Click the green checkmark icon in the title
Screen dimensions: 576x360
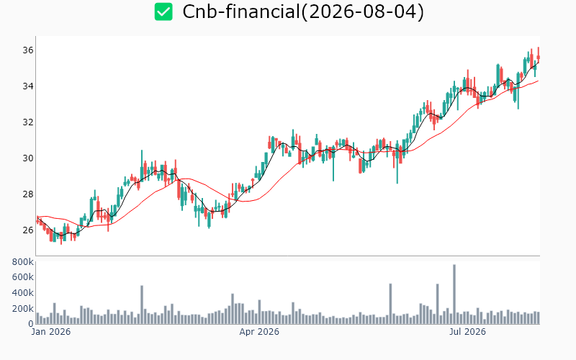[163, 12]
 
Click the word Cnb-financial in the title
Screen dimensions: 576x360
[241, 12]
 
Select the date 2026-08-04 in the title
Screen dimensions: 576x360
[362, 12]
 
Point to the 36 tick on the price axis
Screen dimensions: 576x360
[28, 50]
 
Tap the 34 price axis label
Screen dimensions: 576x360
[28, 86]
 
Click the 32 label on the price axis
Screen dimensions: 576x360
[28, 122]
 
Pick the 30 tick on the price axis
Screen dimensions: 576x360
[28, 158]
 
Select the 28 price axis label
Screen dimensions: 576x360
[28, 194]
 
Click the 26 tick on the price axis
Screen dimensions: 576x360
[28, 230]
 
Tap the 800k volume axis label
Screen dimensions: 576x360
[23, 262]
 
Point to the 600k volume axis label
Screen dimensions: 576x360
[23, 277]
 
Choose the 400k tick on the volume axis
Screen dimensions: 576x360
[23, 293]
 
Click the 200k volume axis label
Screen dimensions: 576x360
[23, 309]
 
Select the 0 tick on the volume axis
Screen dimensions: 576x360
[31, 324]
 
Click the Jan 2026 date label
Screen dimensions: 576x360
[50, 332]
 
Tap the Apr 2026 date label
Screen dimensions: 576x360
[259, 332]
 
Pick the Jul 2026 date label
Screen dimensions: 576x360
[467, 332]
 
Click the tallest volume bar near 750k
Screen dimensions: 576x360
[454, 294]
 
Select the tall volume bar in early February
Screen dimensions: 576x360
[142, 305]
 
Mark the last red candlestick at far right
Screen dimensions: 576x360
[539, 55]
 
